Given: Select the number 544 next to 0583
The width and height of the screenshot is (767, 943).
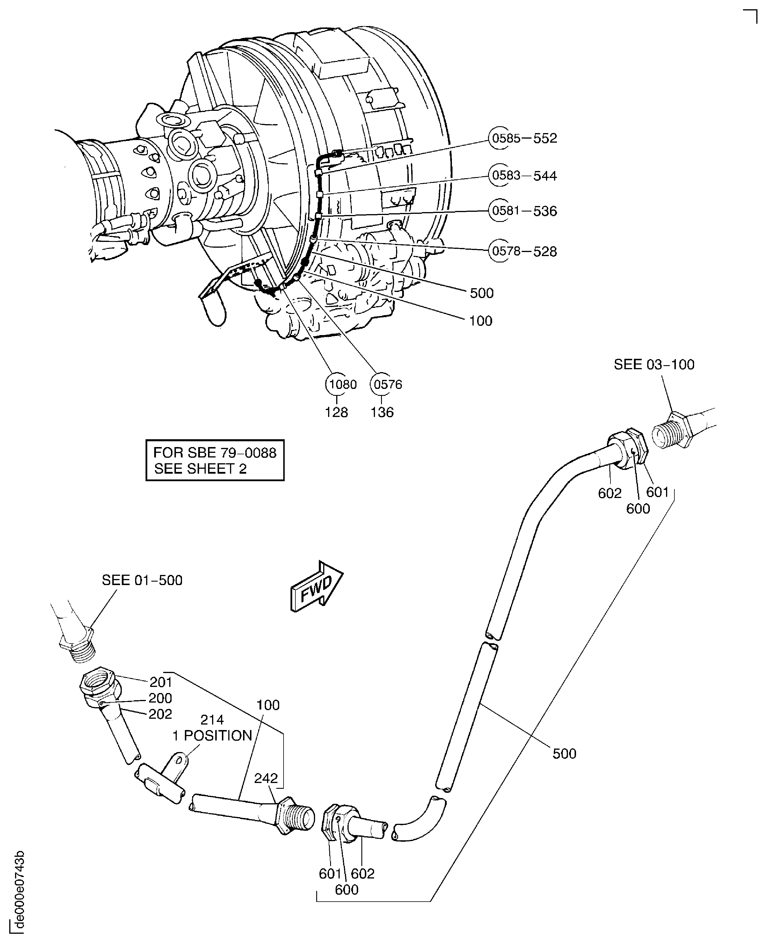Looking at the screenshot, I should point(545,176).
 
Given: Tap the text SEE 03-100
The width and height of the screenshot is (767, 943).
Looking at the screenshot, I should point(654,365).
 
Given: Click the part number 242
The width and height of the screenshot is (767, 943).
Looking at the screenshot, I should point(266,778).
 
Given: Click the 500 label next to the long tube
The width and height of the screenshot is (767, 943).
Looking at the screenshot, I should point(564,754).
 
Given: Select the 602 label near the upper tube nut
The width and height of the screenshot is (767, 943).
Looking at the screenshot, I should point(610,493).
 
